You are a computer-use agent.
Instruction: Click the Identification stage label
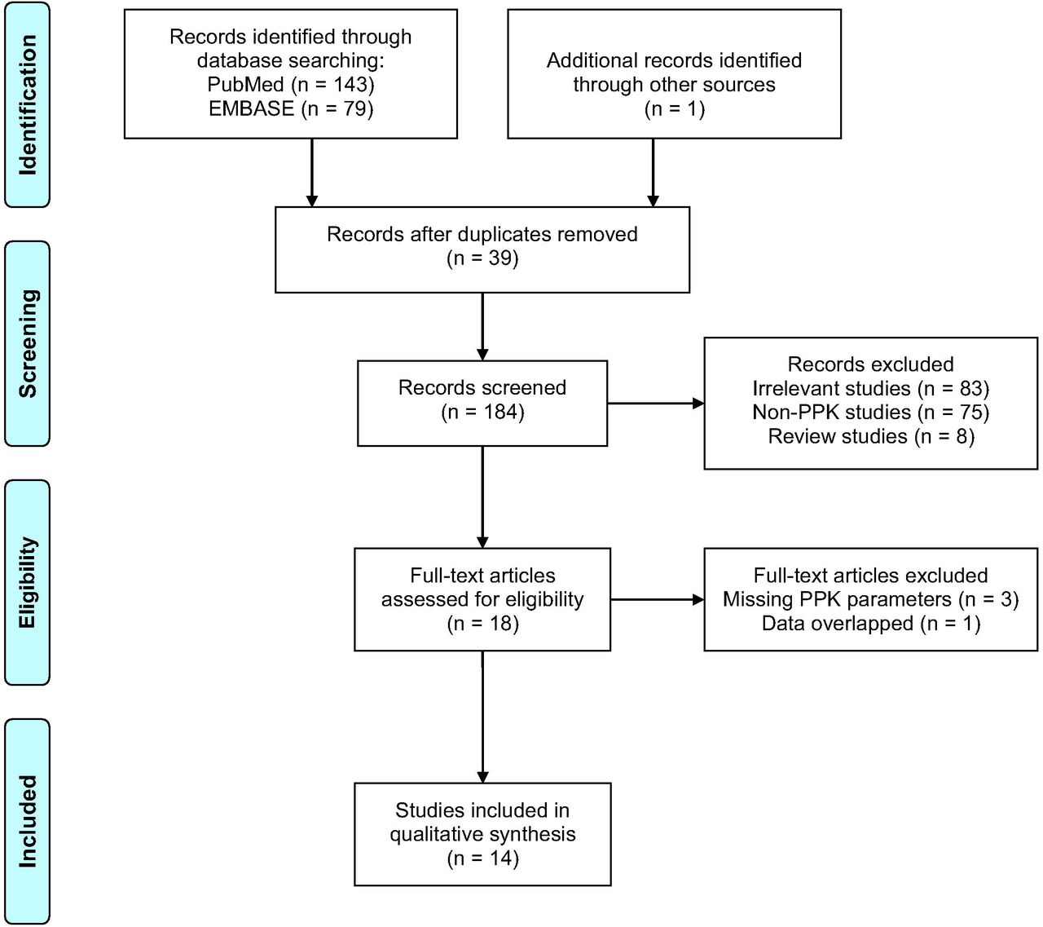pyautogui.click(x=27, y=105)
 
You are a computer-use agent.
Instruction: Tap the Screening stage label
pyautogui.click(x=27, y=344)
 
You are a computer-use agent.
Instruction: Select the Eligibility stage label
pyautogui.click(x=27, y=583)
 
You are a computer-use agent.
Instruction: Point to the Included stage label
pyautogui.click(x=27, y=821)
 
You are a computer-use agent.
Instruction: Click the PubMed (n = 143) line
pyautogui.click(x=290, y=85)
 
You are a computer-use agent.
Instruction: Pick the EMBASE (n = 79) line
pyautogui.click(x=290, y=108)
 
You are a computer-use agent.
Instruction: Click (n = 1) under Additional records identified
pyautogui.click(x=675, y=108)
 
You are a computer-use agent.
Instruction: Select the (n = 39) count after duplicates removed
pyautogui.click(x=482, y=258)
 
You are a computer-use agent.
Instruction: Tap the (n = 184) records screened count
pyautogui.click(x=482, y=412)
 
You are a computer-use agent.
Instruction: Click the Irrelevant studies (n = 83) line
pyautogui.click(x=870, y=389)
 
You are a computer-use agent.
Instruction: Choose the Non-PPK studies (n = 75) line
pyautogui.click(x=870, y=413)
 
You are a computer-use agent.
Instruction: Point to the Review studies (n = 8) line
pyautogui.click(x=870, y=436)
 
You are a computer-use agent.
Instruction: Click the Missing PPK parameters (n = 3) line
pyautogui.click(x=870, y=599)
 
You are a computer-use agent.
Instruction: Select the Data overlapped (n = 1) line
pyautogui.click(x=870, y=624)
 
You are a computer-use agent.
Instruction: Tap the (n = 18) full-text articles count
pyautogui.click(x=482, y=624)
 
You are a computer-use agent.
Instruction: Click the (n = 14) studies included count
pyautogui.click(x=482, y=859)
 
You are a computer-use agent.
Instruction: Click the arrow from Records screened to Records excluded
pyautogui.click(x=656, y=404)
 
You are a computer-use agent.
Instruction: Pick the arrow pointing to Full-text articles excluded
pyautogui.click(x=658, y=599)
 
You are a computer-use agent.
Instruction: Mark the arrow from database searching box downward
pyautogui.click(x=311, y=173)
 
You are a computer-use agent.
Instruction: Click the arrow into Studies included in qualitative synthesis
pyautogui.click(x=482, y=717)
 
